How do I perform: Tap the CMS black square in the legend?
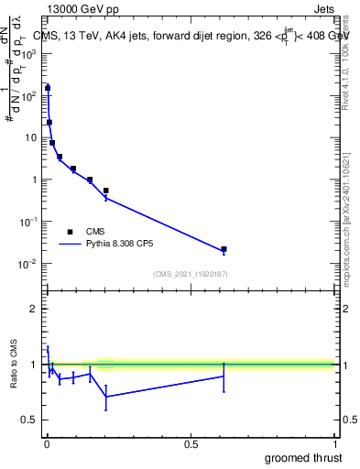[x=70, y=232]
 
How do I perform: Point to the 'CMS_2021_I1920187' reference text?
[x=191, y=274]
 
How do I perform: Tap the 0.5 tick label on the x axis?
[x=191, y=444]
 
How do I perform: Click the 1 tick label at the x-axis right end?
[x=334, y=444]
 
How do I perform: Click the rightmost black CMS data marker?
[x=224, y=249]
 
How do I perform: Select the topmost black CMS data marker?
[x=48, y=88]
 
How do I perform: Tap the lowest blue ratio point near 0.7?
[x=106, y=397]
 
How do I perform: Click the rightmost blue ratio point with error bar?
[x=224, y=376]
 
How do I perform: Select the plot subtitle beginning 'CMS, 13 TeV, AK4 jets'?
[x=191, y=35]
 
